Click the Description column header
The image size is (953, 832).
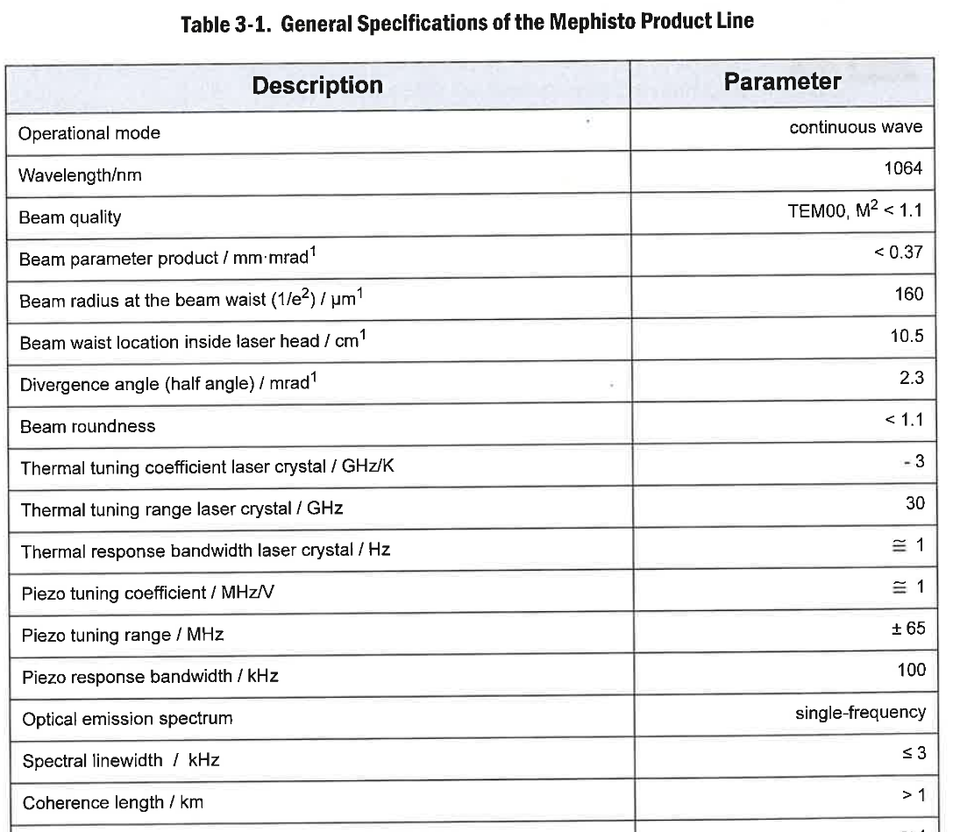317,85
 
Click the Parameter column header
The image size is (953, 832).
782,82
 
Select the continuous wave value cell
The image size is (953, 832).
855,127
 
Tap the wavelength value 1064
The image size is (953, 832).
903,168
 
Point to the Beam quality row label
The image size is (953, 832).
70,217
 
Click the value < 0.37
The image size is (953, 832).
898,252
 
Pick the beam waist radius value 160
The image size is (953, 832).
909,294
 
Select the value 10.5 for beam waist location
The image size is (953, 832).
907,336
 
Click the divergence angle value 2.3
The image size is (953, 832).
911,377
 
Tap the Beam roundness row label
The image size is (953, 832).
88,426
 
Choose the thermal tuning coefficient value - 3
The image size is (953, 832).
913,460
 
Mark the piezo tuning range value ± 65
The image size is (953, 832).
907,629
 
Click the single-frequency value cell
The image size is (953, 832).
860,712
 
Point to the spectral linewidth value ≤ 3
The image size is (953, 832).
912,753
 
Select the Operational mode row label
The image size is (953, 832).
89,133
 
